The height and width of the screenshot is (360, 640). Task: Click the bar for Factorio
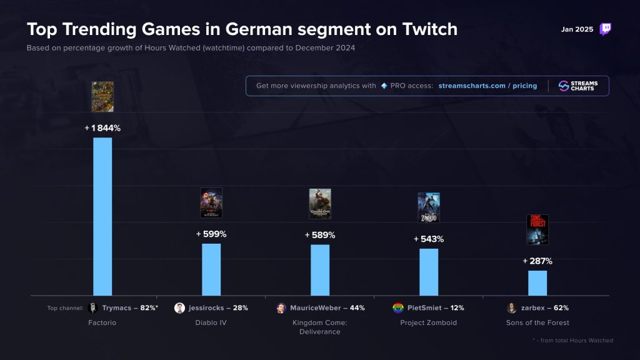coord(102,216)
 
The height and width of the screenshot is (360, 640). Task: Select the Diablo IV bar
coord(211,269)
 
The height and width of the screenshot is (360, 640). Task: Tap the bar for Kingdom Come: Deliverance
coord(320,270)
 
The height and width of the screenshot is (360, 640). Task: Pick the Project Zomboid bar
coord(429,272)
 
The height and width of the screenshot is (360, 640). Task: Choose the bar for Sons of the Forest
coord(537,282)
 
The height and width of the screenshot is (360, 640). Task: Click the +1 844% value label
coord(102,128)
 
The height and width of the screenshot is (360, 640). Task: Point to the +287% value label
coord(537,261)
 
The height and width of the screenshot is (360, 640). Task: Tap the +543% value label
coord(429,239)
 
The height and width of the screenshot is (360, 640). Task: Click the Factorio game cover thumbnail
coord(102,97)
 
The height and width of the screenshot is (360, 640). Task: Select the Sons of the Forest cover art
coord(537,229)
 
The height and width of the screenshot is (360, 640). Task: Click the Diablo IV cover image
coord(211,202)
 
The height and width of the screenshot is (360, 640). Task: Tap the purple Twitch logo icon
coord(605,29)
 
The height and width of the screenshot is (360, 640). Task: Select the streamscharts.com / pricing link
coord(487,86)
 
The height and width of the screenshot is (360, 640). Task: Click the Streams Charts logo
coord(578,86)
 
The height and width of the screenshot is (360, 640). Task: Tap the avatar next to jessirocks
coord(180,307)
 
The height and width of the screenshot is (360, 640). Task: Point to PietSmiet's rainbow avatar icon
coord(397,307)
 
